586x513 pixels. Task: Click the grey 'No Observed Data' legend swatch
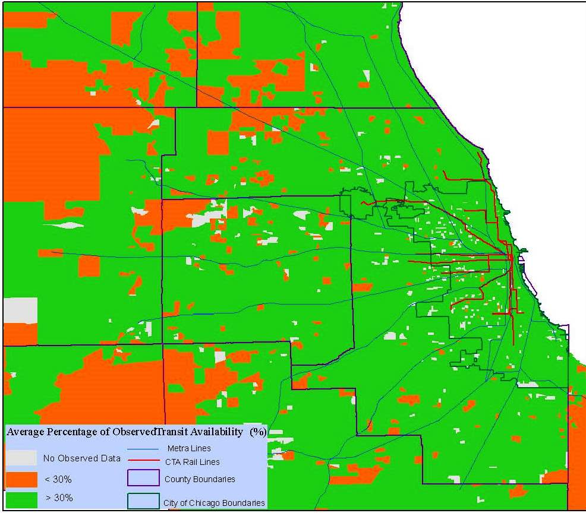tap(20, 458)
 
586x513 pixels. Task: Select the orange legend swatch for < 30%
tap(20, 479)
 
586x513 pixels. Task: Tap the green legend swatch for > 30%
tap(20, 498)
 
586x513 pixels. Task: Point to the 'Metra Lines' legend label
tap(189, 448)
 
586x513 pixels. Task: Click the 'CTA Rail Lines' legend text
tap(192, 461)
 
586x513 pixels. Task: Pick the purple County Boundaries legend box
tap(143, 479)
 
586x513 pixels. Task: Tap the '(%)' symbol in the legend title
tap(258, 431)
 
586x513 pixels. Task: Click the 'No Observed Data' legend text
tap(81, 458)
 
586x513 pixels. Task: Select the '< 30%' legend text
tap(59, 479)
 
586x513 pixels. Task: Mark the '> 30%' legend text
tap(59, 498)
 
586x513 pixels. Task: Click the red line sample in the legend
tap(143, 460)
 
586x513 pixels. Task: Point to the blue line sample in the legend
tap(143, 449)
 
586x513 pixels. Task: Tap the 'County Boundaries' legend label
tap(200, 479)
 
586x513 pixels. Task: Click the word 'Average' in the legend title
tap(27, 432)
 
